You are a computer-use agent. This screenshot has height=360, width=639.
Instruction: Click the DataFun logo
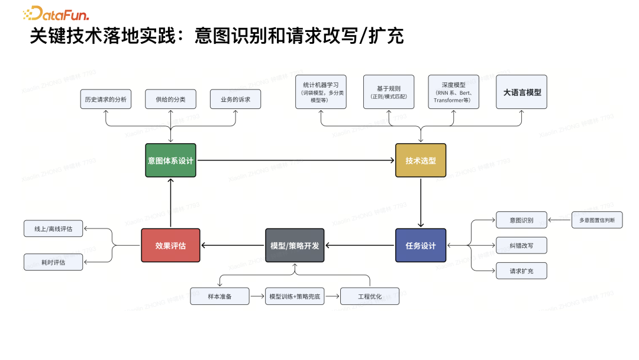(56, 13)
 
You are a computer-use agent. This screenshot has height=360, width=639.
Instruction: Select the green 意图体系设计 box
(170, 160)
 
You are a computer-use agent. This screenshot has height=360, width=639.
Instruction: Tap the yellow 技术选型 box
(421, 160)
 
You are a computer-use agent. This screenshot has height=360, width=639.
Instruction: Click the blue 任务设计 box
(421, 245)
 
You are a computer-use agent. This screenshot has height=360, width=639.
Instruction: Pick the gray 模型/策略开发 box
(295, 245)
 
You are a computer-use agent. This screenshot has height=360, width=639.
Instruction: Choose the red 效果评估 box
(171, 245)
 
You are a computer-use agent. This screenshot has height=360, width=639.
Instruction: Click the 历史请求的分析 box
(105, 99)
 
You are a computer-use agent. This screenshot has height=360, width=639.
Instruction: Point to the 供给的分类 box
(170, 99)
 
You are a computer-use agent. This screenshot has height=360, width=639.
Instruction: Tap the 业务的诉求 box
(235, 99)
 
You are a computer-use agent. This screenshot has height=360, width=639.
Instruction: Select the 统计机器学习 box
(321, 92)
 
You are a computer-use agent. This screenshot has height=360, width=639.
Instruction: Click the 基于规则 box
(389, 92)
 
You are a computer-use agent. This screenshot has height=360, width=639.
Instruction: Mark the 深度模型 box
(453, 92)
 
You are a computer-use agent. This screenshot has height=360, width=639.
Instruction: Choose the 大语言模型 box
(521, 92)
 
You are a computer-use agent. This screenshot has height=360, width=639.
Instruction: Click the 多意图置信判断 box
(597, 220)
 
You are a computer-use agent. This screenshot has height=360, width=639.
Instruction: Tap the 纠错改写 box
(521, 245)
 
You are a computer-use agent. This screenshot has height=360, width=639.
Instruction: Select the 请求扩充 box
(521, 271)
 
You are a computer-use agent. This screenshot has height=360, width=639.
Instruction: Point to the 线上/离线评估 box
(53, 229)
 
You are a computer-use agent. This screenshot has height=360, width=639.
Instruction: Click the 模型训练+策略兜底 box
(295, 296)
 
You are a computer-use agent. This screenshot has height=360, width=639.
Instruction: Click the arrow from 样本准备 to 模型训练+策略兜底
(257, 296)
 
